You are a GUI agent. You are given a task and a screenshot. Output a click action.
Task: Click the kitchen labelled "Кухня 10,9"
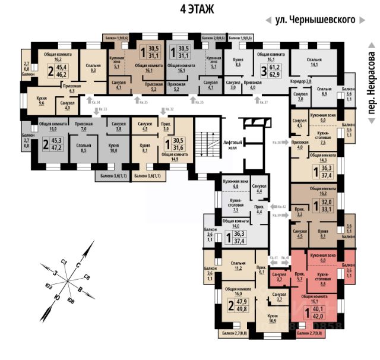[x=273, y=318]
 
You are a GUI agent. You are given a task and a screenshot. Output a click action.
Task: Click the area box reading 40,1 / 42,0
[x=320, y=312]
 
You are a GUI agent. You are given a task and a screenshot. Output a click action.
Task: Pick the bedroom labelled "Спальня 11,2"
[x=237, y=265]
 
